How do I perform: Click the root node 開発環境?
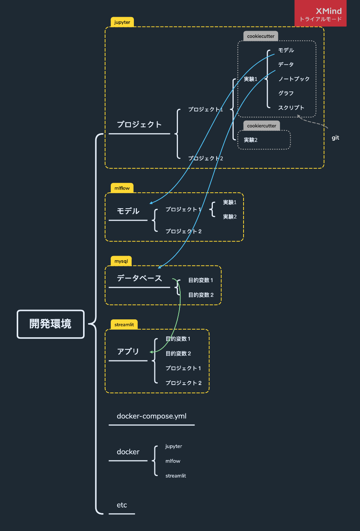click(x=50, y=324)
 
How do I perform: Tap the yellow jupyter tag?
click(x=122, y=22)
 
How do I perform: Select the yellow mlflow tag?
click(x=122, y=188)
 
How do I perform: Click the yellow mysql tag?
click(x=121, y=261)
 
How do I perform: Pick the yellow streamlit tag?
click(x=124, y=325)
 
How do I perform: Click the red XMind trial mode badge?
click(x=321, y=14)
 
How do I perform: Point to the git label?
click(x=335, y=138)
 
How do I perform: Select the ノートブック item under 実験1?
click(x=294, y=79)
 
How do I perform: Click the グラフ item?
click(x=286, y=93)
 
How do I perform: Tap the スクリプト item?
click(x=291, y=108)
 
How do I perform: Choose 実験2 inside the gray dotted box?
click(x=251, y=140)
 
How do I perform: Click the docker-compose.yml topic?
click(x=151, y=416)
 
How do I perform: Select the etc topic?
click(x=122, y=505)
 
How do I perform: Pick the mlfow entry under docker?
click(x=173, y=461)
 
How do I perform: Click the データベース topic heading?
click(x=139, y=278)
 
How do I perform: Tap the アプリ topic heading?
click(x=128, y=352)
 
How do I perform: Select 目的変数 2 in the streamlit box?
click(x=178, y=353)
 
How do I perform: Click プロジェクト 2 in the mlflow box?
click(x=184, y=231)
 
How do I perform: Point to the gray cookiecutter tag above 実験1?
click(x=261, y=36)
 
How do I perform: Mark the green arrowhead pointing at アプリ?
click(x=151, y=352)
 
